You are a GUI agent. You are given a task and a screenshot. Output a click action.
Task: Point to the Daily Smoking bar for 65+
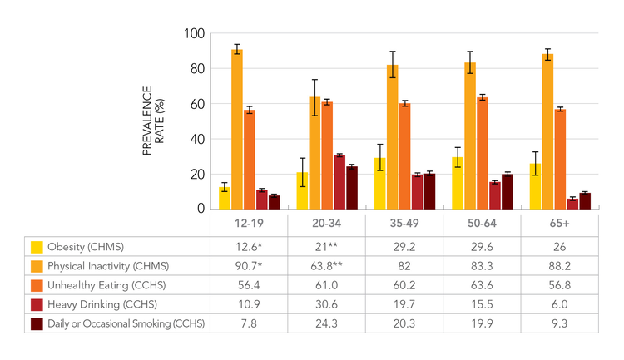(x=584, y=201)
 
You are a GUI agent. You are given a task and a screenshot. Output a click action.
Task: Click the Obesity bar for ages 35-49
(x=379, y=184)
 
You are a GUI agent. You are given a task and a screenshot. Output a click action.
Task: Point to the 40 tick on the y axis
(x=196, y=139)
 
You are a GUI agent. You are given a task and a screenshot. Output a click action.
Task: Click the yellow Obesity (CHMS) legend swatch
(x=37, y=247)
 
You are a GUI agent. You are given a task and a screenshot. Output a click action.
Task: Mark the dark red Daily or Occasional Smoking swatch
(x=37, y=323)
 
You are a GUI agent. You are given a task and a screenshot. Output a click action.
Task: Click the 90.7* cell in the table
(x=248, y=266)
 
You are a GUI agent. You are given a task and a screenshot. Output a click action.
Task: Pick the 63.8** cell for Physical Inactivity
(x=326, y=266)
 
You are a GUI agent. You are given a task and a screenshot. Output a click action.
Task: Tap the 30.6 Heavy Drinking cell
(x=326, y=304)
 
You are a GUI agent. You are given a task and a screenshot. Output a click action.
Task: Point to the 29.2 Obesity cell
(x=404, y=247)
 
